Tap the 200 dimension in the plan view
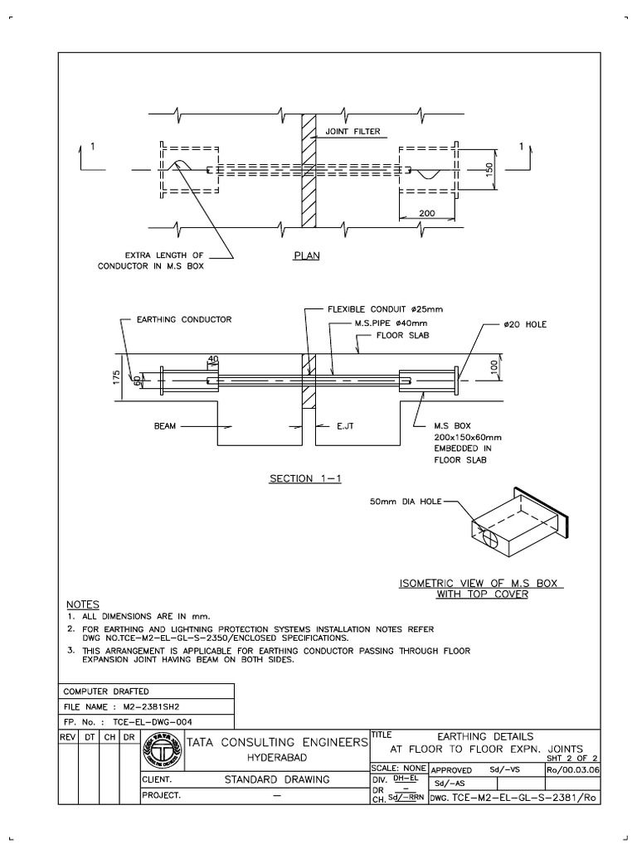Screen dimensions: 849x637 (427, 213)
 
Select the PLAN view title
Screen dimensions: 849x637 (306, 256)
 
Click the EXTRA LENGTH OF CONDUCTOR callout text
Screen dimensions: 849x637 (163, 260)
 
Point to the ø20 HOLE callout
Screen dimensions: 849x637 (524, 324)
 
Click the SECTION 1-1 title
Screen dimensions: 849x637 (302, 478)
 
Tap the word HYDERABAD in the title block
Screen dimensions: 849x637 (275, 758)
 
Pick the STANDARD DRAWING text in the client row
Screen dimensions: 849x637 (277, 779)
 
